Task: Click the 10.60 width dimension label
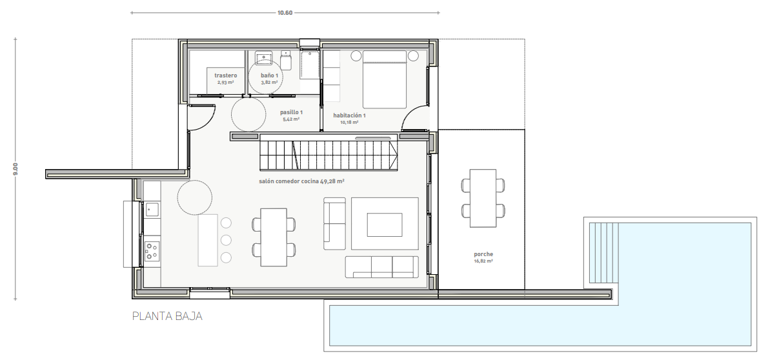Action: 285,13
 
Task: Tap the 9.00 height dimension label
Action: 15,170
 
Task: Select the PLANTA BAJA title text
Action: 168,316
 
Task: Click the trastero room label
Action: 226,75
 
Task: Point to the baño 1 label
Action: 269,75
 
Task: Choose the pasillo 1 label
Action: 292,112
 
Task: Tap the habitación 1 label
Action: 349,115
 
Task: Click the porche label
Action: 483,254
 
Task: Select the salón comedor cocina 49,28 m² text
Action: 302,181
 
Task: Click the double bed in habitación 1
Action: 385,79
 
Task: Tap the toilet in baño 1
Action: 286,61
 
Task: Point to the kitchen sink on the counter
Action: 152,210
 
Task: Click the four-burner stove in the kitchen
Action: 152,251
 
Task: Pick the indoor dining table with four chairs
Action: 274,237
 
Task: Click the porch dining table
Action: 483,198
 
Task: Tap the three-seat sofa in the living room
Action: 382,267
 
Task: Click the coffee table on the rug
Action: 385,225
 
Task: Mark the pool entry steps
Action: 604,253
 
